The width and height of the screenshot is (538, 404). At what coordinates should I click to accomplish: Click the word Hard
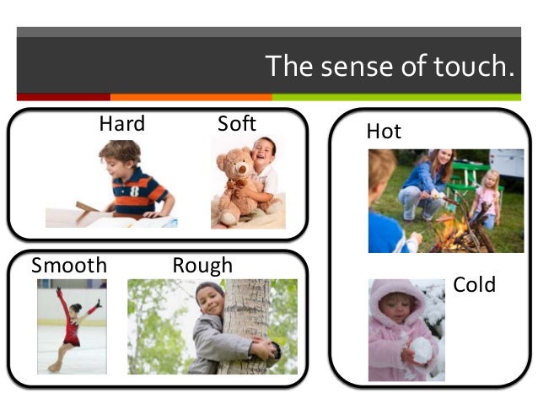(x=122, y=124)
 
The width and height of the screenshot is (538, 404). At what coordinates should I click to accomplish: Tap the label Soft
(x=236, y=124)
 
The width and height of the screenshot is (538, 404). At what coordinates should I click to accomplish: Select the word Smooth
(x=69, y=267)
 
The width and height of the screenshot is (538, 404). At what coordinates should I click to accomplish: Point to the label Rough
(x=202, y=267)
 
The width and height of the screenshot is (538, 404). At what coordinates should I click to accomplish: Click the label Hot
(x=384, y=132)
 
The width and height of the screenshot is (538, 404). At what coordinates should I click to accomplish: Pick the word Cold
(x=475, y=285)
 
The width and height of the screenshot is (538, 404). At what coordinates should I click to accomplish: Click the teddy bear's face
(x=234, y=166)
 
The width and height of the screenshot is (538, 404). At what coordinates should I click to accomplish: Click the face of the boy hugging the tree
(x=209, y=299)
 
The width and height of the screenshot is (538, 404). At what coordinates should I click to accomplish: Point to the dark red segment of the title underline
(x=63, y=97)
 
